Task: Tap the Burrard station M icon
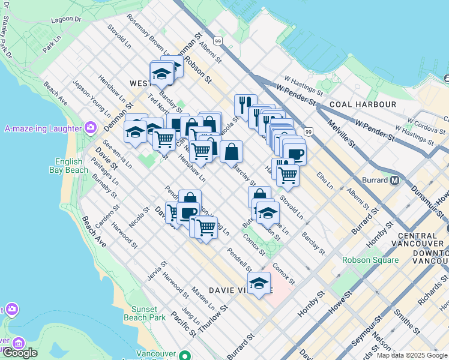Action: pos(396,180)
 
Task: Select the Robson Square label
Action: pos(370,260)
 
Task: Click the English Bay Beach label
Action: pos(71,166)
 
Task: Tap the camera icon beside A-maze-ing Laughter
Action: pos(91,127)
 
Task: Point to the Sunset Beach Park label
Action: pos(144,313)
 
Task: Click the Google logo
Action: pos(20,352)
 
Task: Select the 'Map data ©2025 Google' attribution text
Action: pos(411,355)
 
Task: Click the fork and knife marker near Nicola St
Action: pos(245,104)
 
